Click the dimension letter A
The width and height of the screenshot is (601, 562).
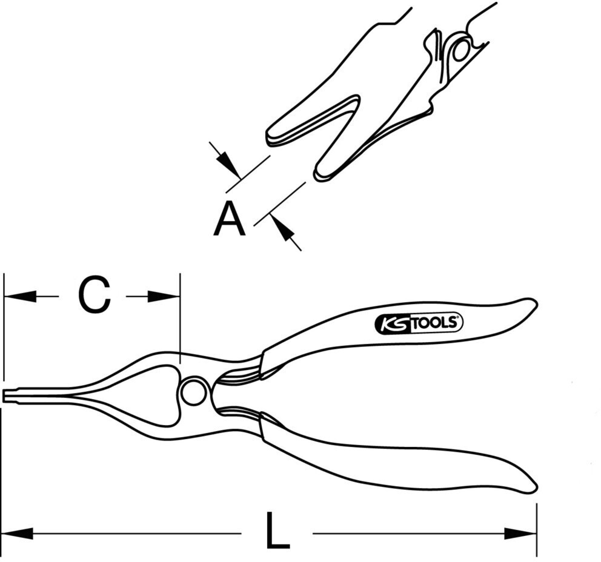(229, 220)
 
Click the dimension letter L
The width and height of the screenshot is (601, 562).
(277, 532)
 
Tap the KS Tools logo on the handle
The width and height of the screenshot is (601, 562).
(419, 324)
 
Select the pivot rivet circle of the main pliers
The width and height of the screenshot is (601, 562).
(194, 392)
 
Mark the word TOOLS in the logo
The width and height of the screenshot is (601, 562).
(434, 324)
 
